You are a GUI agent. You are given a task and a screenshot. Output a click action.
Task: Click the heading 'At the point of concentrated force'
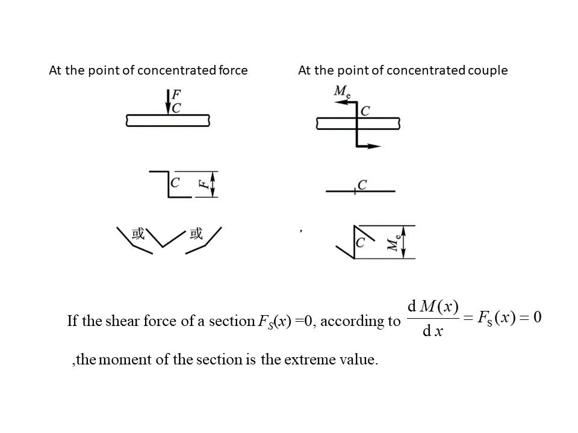tap(148, 70)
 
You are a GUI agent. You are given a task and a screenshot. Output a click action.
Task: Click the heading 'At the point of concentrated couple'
tap(403, 70)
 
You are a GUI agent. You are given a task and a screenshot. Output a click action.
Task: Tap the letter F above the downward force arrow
tap(177, 95)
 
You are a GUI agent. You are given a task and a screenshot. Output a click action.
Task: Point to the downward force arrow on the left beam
tap(167, 102)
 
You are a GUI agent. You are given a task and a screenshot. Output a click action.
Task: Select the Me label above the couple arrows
tap(342, 92)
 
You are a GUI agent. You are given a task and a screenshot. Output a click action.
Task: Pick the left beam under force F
tap(168, 120)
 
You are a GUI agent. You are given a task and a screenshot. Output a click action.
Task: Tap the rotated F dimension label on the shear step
tap(205, 183)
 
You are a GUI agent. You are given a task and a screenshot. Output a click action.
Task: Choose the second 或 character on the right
tap(196, 234)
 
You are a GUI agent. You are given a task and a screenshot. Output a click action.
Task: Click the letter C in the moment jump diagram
tap(361, 243)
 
